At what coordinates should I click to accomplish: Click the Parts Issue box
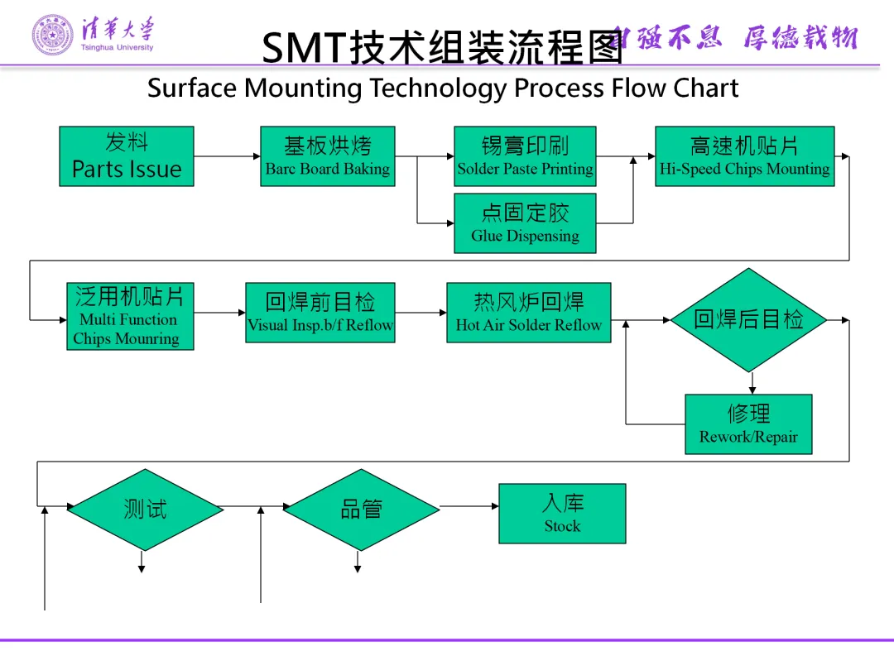point(126,156)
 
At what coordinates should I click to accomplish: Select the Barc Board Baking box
point(327,156)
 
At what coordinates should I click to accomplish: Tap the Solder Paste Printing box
point(525,156)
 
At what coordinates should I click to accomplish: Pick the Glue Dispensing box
point(525,223)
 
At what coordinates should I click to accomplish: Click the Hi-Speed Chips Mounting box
point(744,156)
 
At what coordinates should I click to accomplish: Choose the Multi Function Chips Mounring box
point(130,316)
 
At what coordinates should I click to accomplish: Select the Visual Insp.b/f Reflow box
point(320,313)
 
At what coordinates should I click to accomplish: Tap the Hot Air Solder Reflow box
point(528,313)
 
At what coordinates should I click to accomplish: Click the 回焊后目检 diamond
point(748,319)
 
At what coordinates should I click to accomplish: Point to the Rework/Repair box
point(748,424)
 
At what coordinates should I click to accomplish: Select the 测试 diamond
point(145,510)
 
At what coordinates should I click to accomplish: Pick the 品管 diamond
point(361,510)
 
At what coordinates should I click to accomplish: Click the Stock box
point(562,514)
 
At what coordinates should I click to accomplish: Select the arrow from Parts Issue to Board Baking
point(227,156)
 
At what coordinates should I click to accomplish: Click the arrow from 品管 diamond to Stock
point(469,506)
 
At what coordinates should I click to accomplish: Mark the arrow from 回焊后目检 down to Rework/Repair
point(752,383)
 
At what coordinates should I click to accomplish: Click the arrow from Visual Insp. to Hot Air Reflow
point(421,313)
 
